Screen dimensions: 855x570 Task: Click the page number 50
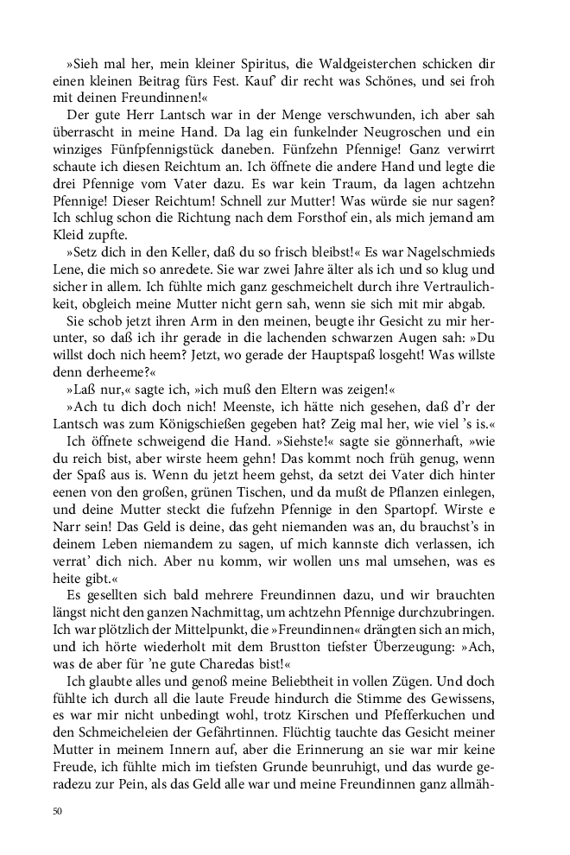tap(57, 811)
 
